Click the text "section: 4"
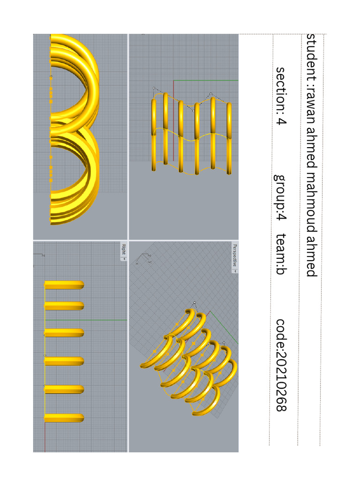click(281, 96)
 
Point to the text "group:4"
click(280, 197)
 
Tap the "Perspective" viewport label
click(235, 255)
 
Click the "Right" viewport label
click(124, 249)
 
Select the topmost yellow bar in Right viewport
click(64, 285)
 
